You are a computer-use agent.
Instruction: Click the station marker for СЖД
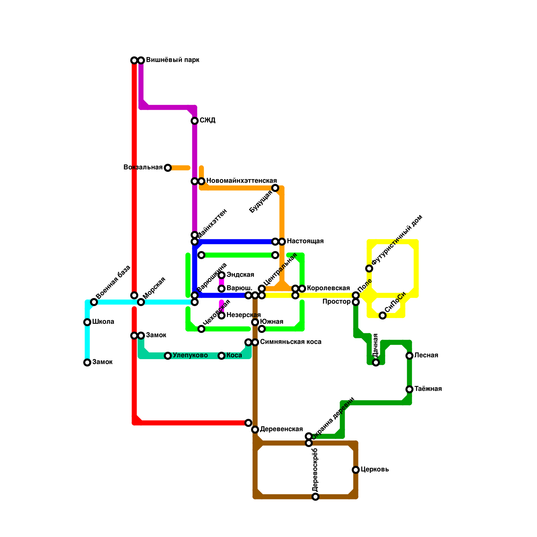[x=195, y=121]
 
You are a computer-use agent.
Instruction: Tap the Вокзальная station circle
[x=168, y=168]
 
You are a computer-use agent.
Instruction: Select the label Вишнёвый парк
[x=173, y=60]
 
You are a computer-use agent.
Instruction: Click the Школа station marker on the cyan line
[x=87, y=322]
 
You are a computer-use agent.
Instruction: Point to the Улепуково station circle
[x=168, y=356]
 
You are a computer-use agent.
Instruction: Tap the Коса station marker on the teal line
[x=222, y=356]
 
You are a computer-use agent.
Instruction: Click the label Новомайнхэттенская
[x=241, y=181]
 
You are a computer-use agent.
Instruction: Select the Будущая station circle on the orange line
[x=275, y=188]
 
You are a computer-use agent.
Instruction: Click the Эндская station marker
[x=222, y=275]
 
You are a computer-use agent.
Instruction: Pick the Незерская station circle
[x=222, y=315]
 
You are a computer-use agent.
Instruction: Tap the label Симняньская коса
[x=291, y=342]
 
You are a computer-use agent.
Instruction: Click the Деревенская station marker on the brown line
[x=255, y=430]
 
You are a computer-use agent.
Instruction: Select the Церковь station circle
[x=356, y=470]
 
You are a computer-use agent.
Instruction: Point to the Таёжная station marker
[x=409, y=389]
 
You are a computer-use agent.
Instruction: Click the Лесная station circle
[x=409, y=356]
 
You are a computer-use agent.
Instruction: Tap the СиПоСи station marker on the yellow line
[x=383, y=315]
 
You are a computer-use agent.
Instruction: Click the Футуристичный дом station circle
[x=369, y=268]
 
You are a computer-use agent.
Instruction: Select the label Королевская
[x=328, y=288]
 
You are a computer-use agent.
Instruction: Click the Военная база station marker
[x=94, y=302]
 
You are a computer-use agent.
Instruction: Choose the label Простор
[x=336, y=302]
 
